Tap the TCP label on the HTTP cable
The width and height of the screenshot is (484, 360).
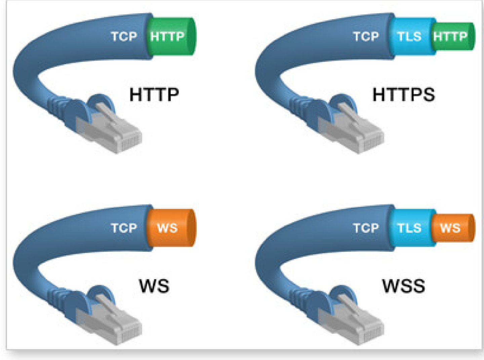124,36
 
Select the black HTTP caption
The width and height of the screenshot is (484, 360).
154,94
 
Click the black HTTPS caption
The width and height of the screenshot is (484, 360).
404,94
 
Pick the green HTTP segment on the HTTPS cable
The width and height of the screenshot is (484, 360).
453,36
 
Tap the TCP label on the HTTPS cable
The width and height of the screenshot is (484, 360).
366,36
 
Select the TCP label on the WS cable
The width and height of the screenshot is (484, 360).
124,228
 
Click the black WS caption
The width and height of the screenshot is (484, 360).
154,286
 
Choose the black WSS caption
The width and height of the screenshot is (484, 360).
404,286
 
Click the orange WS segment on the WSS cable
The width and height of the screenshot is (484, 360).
453,228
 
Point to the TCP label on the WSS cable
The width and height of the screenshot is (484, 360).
366,228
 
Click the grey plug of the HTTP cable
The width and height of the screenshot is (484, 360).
109,129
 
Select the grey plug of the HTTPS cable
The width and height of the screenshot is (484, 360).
351,129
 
